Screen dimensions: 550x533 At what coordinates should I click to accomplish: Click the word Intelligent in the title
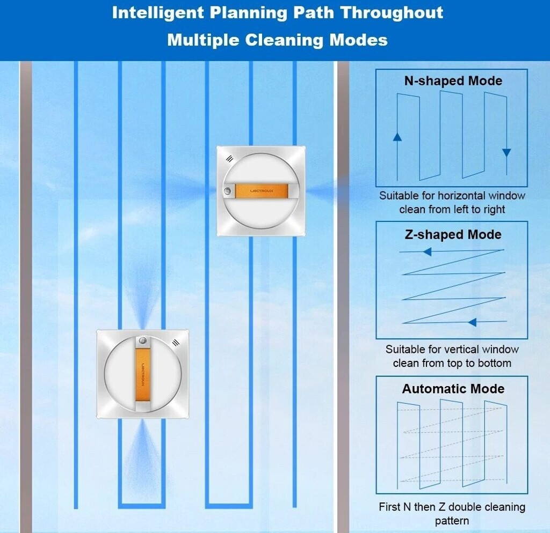coord(158,13)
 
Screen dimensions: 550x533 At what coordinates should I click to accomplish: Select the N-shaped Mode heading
coord(453,81)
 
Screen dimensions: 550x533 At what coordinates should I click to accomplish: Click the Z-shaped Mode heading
coord(453,235)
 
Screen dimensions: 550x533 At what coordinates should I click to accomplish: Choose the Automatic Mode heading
coord(453,389)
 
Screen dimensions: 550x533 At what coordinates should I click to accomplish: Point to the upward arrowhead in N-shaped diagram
coord(397,137)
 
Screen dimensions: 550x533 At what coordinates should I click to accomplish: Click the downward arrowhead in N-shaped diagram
coord(506,153)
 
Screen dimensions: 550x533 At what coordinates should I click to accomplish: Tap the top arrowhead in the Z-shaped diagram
coord(427,251)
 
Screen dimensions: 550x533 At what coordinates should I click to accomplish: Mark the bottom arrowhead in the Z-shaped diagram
coord(472,322)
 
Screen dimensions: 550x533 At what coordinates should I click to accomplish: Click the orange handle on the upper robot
coord(262,191)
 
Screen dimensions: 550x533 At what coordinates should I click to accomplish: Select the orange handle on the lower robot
coord(142,375)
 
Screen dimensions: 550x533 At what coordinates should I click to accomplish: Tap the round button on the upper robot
coord(227,191)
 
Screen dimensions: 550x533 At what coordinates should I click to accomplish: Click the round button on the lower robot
coord(142,340)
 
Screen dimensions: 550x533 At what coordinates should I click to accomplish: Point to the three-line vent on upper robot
coord(229,159)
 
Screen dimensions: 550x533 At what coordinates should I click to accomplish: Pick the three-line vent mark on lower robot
coord(176,343)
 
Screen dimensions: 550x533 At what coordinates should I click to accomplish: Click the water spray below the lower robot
coord(142,455)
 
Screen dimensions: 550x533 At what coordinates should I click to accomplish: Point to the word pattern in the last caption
coord(452,521)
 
